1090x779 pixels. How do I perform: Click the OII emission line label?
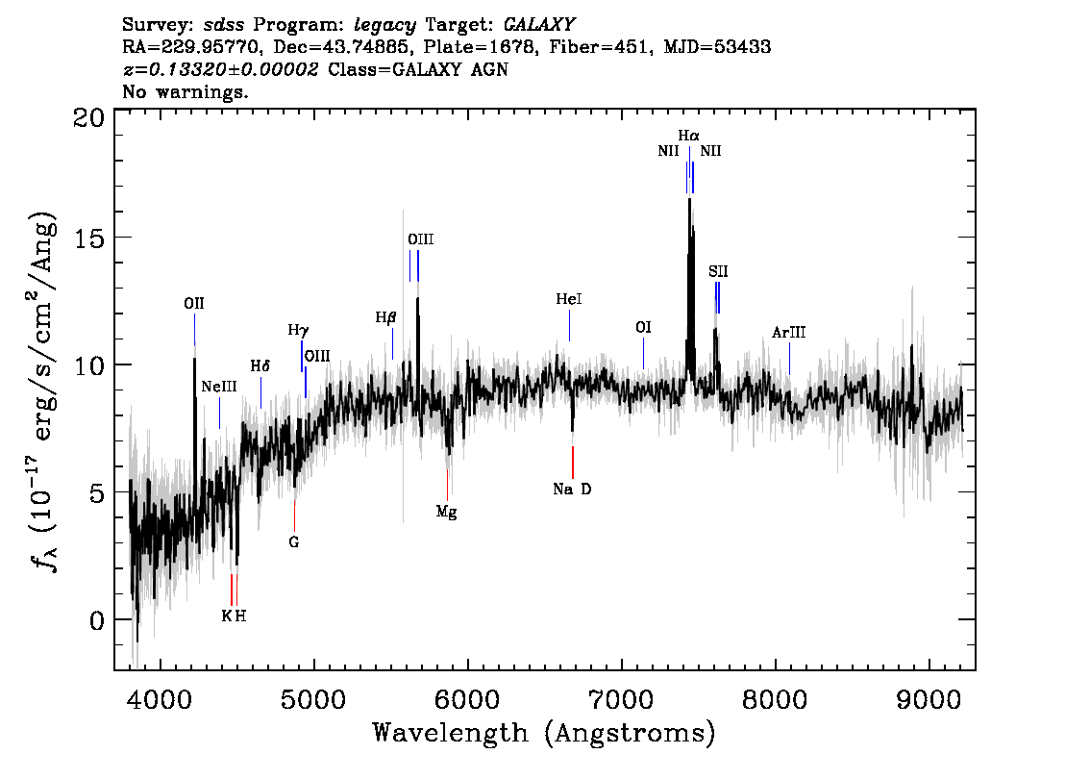(194, 304)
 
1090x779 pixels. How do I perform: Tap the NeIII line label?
(219, 387)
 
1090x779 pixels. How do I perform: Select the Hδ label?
(260, 366)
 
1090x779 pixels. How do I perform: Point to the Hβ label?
(386, 317)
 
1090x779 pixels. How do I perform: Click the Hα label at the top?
(689, 137)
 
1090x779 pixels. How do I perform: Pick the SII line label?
(719, 272)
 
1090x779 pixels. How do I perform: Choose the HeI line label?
(569, 300)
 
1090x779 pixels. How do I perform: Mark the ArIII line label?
(789, 333)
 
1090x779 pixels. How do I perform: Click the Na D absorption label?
(572, 490)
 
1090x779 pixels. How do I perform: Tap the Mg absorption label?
(447, 512)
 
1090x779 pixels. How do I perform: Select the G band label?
(294, 542)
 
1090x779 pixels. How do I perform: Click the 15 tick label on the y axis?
(89, 238)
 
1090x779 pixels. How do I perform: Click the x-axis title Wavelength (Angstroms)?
(544, 734)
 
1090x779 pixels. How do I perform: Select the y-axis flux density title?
(41, 389)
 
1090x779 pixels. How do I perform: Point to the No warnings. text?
(186, 92)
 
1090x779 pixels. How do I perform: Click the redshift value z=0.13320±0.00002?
(221, 69)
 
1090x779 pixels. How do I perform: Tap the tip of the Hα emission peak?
(689, 199)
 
